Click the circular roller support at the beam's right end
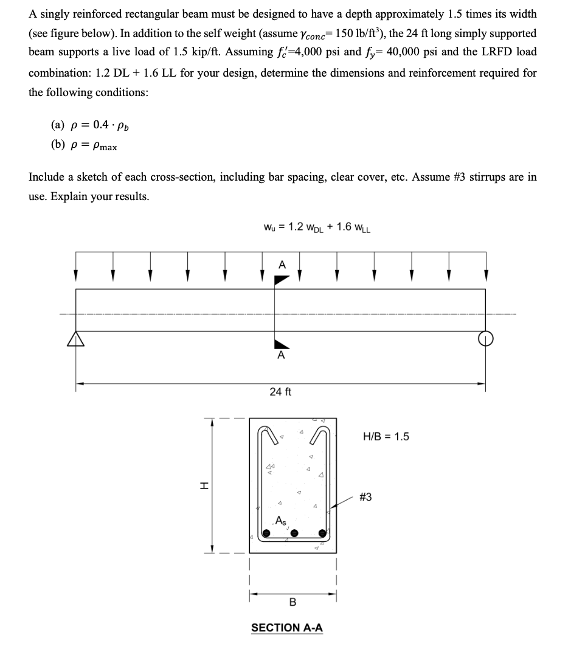click(485, 338)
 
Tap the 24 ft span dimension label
click(280, 392)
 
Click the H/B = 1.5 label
click(386, 437)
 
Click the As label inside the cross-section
click(280, 520)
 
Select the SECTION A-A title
click(287, 627)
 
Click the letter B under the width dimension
click(292, 602)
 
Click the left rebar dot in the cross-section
click(266, 533)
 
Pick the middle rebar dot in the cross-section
click(294, 533)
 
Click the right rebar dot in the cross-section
click(322, 533)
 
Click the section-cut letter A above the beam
click(281, 265)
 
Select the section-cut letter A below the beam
click(281, 356)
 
